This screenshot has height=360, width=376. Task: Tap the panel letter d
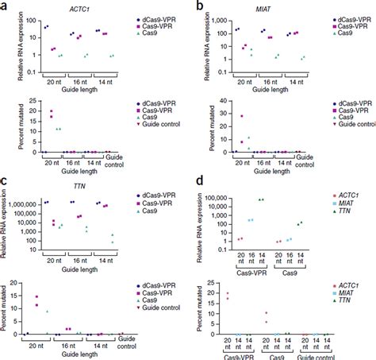(194, 188)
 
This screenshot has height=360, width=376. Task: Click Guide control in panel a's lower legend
(159, 129)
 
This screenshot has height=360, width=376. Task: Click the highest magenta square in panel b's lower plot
(241, 116)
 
